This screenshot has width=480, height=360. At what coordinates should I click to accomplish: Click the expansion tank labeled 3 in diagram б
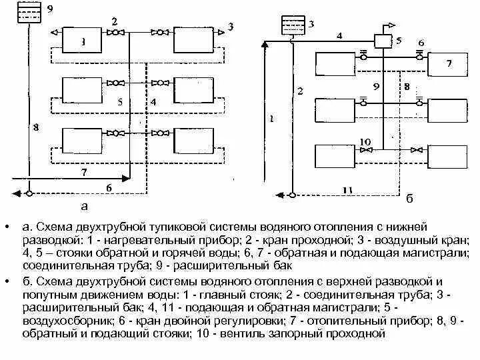tap(291, 26)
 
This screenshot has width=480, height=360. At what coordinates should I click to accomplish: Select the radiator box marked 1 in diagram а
tap(82, 41)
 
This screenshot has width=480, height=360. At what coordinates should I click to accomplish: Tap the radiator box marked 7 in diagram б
tap(448, 65)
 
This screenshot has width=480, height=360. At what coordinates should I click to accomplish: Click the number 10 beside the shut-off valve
tap(364, 142)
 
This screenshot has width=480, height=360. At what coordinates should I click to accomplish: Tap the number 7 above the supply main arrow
tap(83, 172)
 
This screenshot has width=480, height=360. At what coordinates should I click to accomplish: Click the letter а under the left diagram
tap(83, 206)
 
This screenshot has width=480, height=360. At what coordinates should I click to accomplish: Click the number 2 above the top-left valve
tap(115, 21)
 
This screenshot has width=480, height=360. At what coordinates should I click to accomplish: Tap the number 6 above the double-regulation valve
tap(421, 43)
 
